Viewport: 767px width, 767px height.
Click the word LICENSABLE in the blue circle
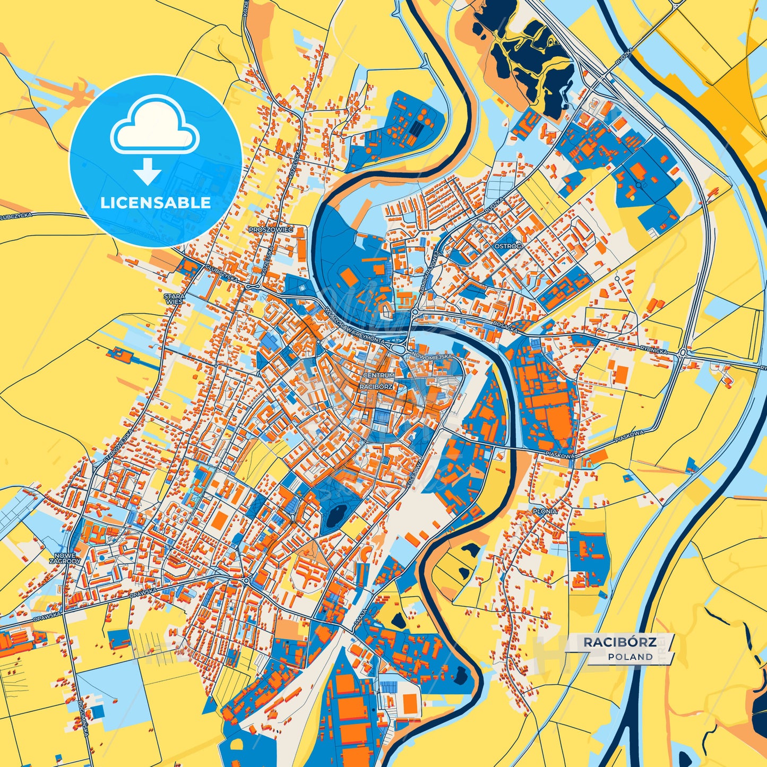tap(155, 202)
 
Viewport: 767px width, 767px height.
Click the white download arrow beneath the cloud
tap(148, 171)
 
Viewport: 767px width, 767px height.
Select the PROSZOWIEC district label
tap(271, 230)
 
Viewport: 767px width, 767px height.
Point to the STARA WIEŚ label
tap(174, 298)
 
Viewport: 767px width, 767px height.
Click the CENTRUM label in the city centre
tap(378, 375)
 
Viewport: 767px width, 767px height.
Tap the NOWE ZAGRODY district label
tap(65, 557)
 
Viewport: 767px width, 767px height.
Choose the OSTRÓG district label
tap(508, 247)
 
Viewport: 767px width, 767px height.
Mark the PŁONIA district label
tap(545, 511)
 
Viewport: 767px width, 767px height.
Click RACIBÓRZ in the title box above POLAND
tap(620, 642)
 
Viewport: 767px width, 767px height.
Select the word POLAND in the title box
tap(631, 657)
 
